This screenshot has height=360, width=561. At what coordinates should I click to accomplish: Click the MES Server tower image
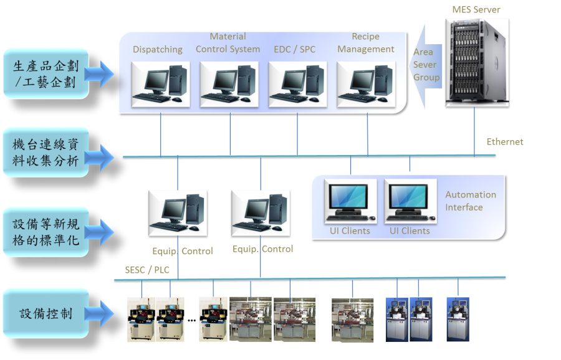click(x=477, y=62)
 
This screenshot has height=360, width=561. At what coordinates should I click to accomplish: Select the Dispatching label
click(x=158, y=49)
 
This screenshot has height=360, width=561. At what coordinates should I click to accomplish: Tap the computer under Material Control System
click(x=229, y=84)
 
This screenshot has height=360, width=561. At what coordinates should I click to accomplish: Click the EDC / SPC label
click(x=294, y=49)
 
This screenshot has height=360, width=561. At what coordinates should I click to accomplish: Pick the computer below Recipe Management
click(x=366, y=84)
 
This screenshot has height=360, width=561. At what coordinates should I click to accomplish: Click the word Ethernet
click(x=505, y=142)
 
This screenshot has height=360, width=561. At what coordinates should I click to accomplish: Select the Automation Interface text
click(x=471, y=201)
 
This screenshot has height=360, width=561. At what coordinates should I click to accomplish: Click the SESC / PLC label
click(x=147, y=270)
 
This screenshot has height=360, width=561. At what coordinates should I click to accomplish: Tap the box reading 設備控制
click(x=46, y=314)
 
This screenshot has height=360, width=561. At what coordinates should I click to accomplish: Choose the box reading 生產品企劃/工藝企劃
click(x=46, y=74)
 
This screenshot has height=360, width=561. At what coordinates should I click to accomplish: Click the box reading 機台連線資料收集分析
click(x=46, y=153)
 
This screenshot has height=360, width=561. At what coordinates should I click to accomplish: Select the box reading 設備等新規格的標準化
click(x=46, y=232)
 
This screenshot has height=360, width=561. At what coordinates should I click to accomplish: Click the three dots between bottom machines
click(x=191, y=320)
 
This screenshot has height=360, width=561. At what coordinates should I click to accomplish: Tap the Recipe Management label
click(x=366, y=43)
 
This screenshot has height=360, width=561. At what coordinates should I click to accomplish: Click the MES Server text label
click(x=476, y=9)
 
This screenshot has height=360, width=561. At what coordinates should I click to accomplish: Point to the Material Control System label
click(x=228, y=43)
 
